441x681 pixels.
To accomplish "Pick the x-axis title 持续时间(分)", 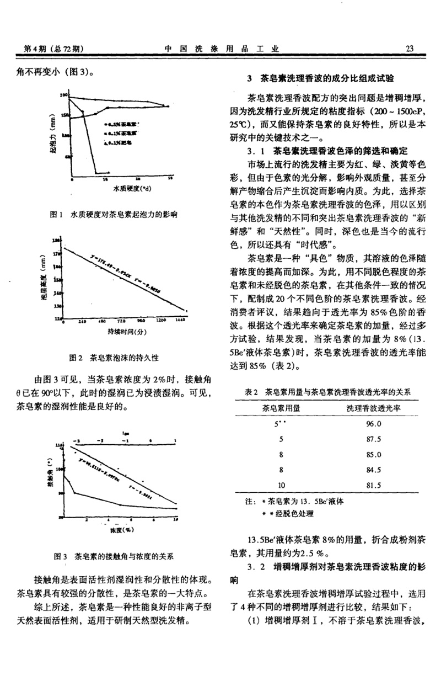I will coord(124,333).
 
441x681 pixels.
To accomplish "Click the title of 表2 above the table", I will coord(329,392).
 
